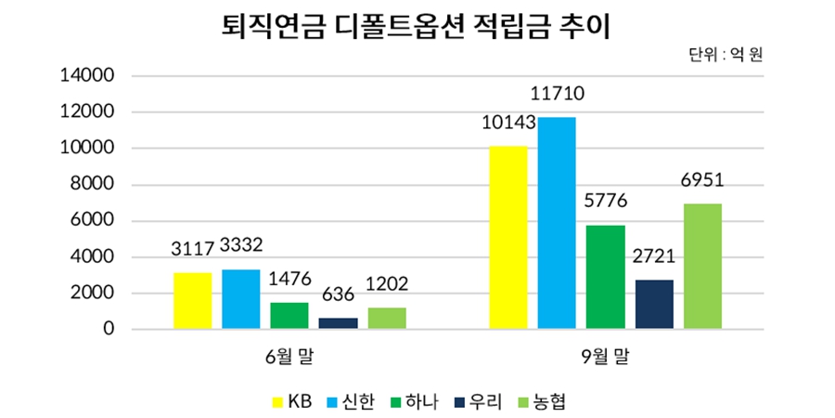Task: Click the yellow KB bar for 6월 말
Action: pos(192,301)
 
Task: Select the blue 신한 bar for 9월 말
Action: pos(557,223)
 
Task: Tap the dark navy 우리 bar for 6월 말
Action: pos(339,323)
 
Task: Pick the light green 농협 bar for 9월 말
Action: pos(702,267)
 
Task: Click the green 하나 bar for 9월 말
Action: pos(605,277)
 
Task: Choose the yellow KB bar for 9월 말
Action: pos(507,238)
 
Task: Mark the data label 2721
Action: pos(654,256)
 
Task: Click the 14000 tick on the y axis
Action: pos(86,76)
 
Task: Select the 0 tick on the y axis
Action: pos(109,330)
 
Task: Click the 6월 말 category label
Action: pos(289,356)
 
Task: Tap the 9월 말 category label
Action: pos(605,356)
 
